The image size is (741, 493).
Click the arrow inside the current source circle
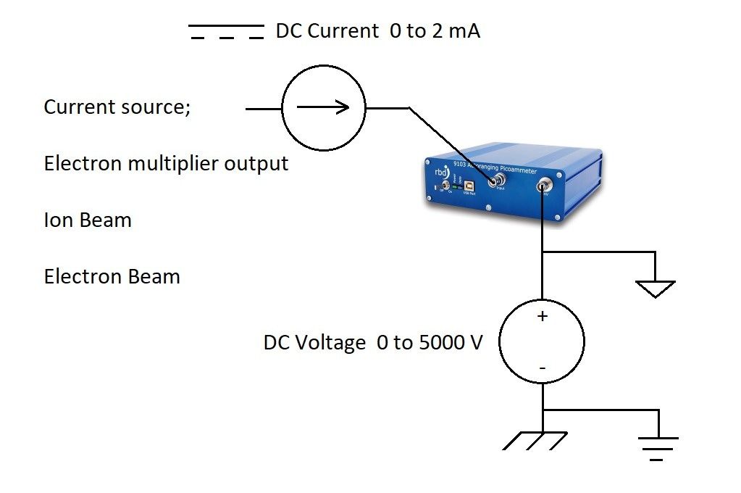coord(323,107)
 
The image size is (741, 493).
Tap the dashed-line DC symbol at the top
coord(226,32)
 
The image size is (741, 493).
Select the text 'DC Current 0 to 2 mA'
coord(377,32)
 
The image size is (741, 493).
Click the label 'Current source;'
coord(117,107)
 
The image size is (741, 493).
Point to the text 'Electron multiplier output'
coord(166,164)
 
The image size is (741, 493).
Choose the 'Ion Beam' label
coord(88,220)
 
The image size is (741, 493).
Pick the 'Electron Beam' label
coord(112,277)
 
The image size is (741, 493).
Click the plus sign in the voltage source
coord(542,317)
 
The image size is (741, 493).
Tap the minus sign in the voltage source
coord(542,368)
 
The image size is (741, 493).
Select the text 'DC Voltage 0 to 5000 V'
coord(372,343)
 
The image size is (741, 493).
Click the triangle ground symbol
coord(655,289)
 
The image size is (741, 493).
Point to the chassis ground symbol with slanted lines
coord(534,440)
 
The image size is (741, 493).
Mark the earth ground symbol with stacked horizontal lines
coord(658,446)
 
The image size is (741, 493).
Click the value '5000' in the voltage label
coord(443,343)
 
